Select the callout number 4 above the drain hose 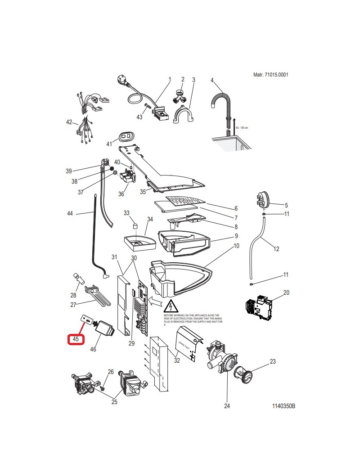point(211,80)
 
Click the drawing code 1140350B point(283,406)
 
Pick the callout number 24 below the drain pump point(227,406)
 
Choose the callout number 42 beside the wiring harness point(69,122)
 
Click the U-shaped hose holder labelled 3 point(182,115)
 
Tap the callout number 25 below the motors point(114,402)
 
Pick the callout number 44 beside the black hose point(70,213)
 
